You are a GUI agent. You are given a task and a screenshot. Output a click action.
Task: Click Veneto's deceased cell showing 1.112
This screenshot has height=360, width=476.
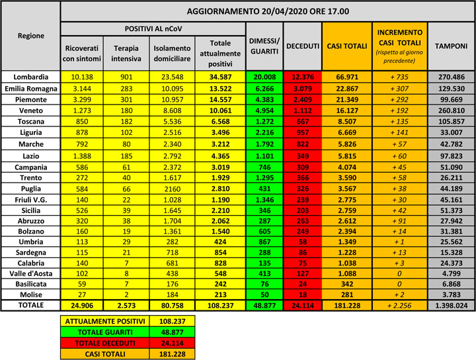tap(303, 111)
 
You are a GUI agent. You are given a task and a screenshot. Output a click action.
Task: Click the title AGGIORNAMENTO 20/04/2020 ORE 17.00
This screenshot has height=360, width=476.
tap(267, 11)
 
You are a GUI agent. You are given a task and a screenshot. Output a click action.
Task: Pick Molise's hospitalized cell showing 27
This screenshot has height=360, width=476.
tap(82, 294)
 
